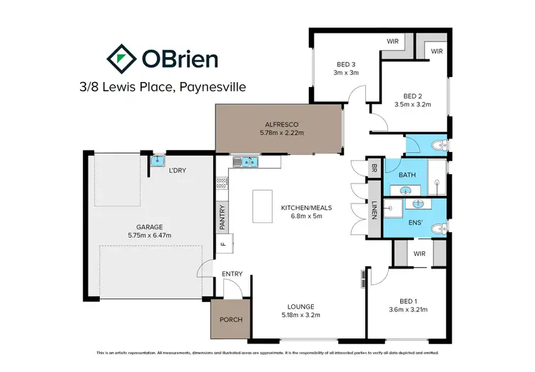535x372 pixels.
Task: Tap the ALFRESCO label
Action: point(281,123)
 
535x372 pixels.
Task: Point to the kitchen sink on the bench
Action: point(247,161)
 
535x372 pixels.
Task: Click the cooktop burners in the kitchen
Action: point(221,189)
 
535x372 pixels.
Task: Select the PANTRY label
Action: point(222,219)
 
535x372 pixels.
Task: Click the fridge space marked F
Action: point(222,244)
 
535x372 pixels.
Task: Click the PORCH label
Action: point(228,320)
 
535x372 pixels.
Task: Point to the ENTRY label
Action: point(232,274)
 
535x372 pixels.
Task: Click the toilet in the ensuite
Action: point(440,228)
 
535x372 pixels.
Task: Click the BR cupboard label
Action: point(374,169)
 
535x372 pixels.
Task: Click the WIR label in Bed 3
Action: point(392,41)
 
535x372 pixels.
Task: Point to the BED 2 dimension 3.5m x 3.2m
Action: point(412,104)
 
